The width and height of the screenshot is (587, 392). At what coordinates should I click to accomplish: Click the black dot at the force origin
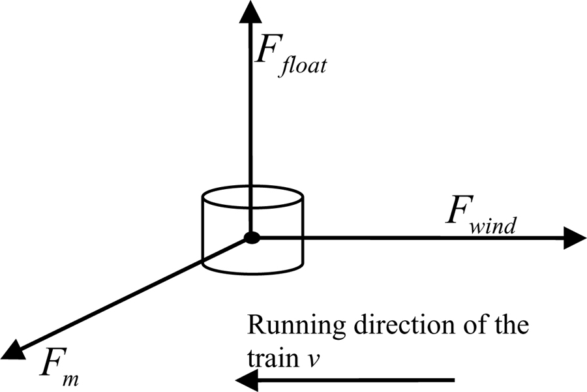(251, 239)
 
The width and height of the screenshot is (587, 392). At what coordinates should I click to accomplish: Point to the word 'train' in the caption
(267, 355)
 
